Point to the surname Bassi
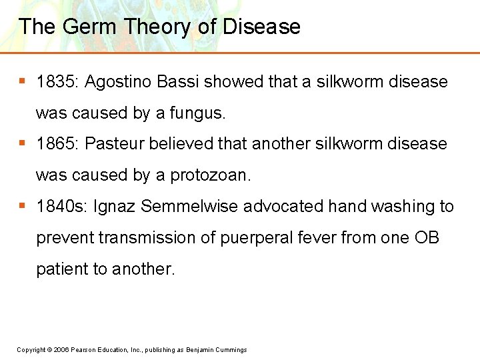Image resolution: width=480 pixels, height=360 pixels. tap(181, 82)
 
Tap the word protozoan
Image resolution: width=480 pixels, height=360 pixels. tap(211, 175)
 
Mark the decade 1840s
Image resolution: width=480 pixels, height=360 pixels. tap(61, 207)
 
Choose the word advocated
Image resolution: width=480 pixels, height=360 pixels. tap(283, 207)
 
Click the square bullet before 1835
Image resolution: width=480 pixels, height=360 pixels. tap(22, 81)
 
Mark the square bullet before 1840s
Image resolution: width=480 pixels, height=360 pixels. tap(22, 206)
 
